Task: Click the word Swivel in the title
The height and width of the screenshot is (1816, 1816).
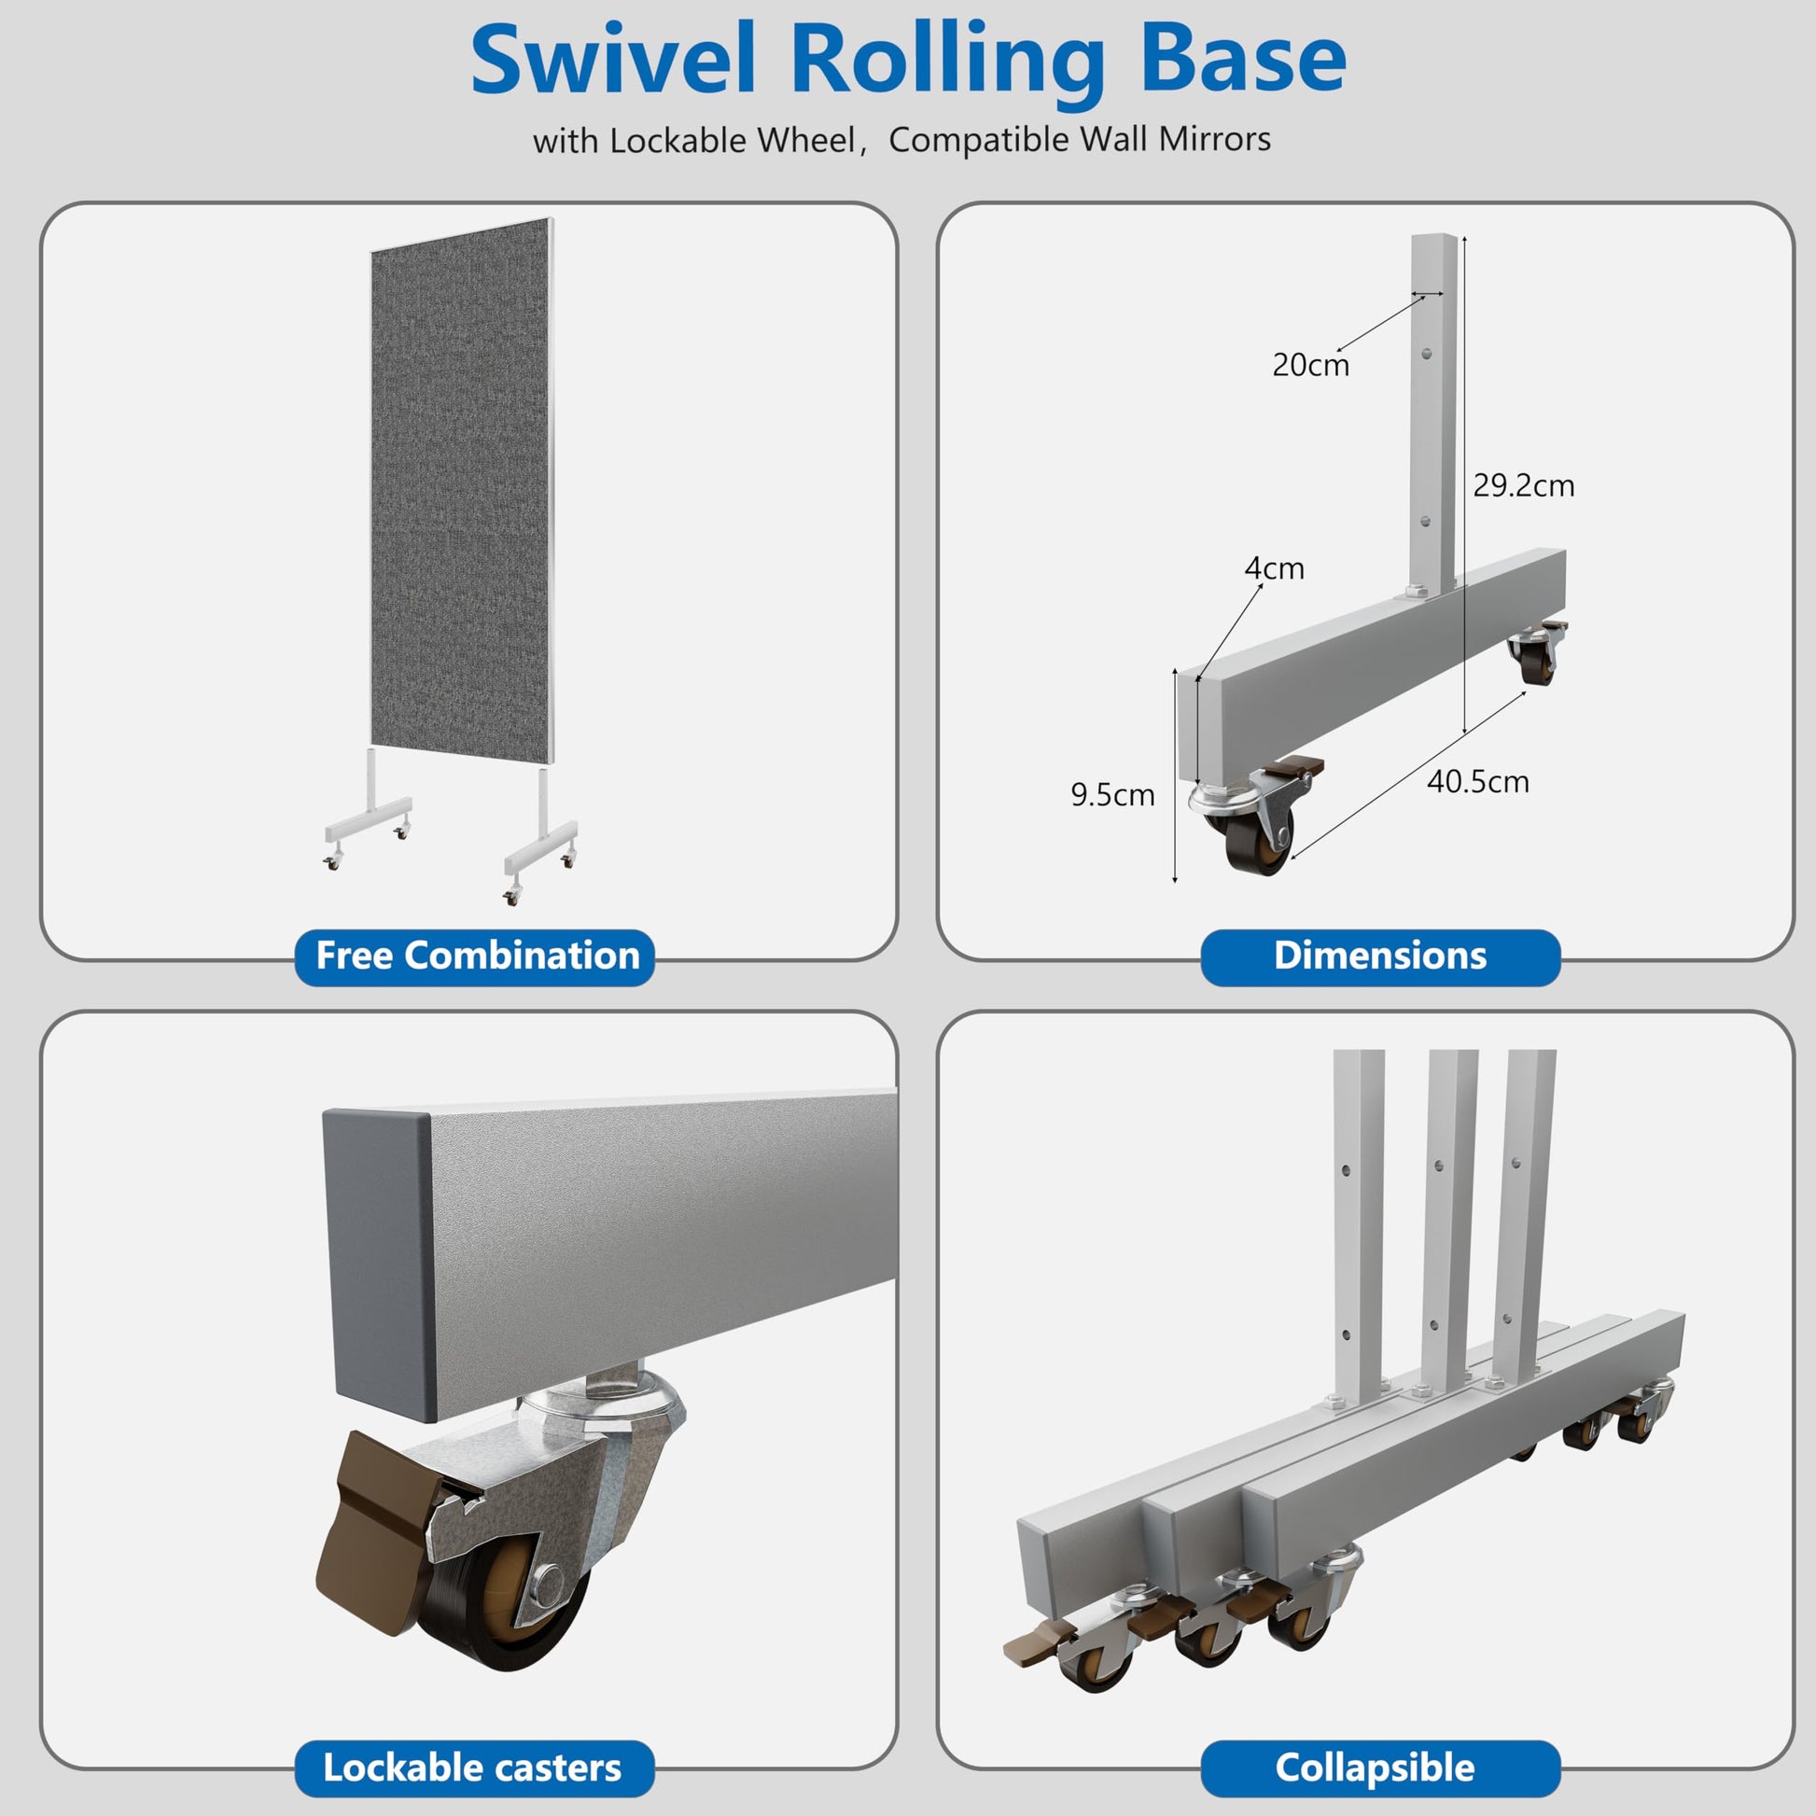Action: coord(613,59)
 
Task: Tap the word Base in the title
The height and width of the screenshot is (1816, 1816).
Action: coord(1243,59)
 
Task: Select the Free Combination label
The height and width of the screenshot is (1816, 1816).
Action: coord(477,956)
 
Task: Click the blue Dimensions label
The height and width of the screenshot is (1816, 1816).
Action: coord(1380,956)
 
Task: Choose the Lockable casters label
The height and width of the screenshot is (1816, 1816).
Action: coord(473,1768)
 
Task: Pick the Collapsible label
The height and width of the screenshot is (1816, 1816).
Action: coord(1376,1768)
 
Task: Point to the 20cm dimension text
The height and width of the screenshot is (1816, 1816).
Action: coord(1310,365)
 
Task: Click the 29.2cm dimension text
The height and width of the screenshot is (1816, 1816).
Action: coord(1524,486)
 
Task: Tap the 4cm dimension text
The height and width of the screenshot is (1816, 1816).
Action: coord(1274,568)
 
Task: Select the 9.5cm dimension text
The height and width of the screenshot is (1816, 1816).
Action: coord(1113,795)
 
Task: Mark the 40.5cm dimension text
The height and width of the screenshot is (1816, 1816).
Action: coord(1477,782)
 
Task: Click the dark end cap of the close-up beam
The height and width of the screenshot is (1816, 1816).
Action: coord(379,1265)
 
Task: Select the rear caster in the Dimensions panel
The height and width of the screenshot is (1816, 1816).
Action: coord(1538,652)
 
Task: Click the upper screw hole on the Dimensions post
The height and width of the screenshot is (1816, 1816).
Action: coord(1428,355)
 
